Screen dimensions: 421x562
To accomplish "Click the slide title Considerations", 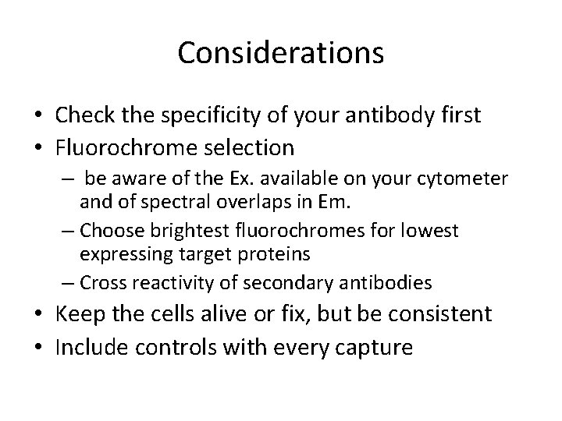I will pyautogui.click(x=280, y=53).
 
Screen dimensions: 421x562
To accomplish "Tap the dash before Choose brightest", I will pyautogui.click(x=68, y=232).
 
